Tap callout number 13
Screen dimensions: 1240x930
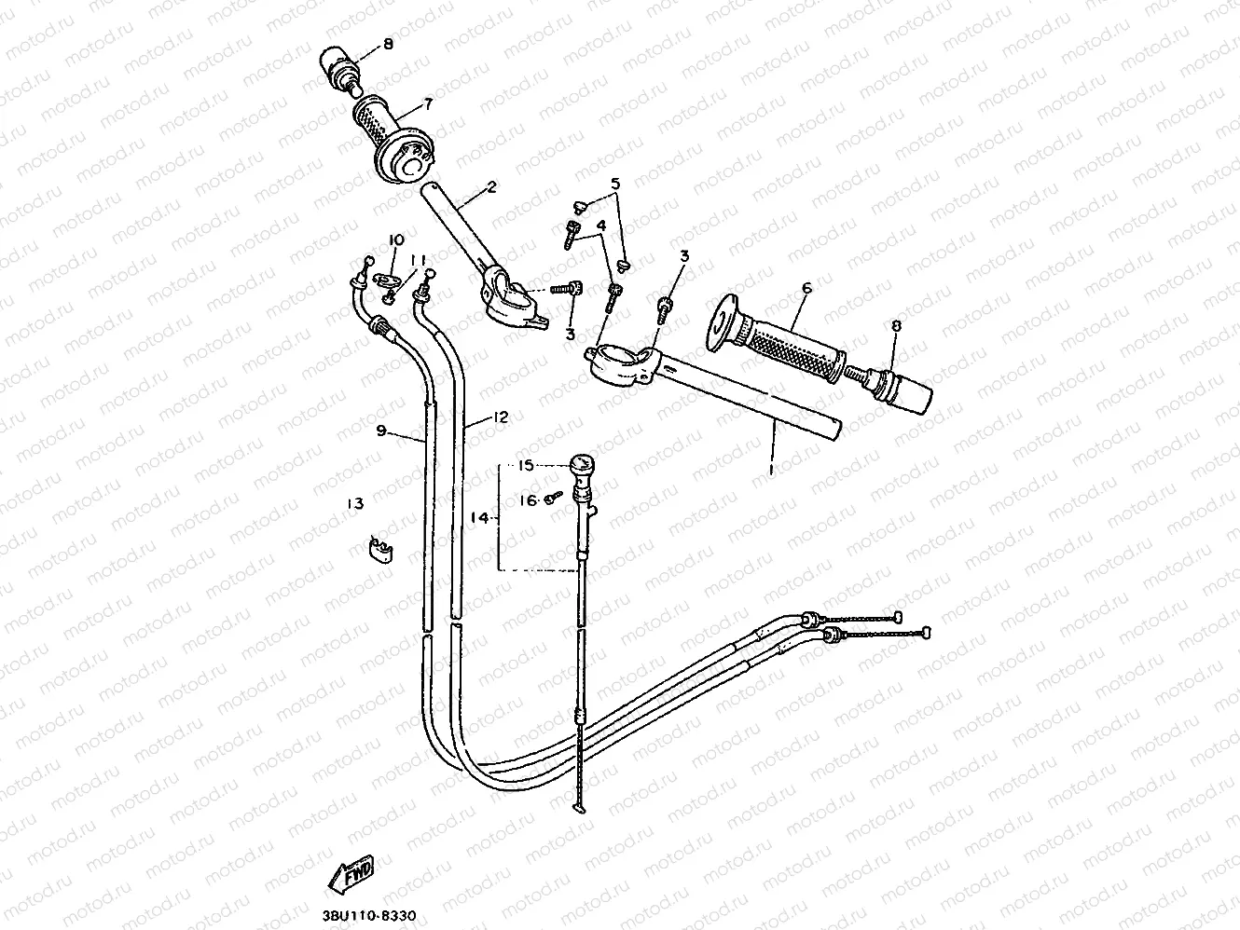354,504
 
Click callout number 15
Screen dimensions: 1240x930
525,465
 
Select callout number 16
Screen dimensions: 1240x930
528,500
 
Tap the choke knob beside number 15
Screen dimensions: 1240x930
583,464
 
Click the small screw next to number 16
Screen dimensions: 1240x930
551,500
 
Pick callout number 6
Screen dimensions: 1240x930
806,289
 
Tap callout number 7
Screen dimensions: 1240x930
428,103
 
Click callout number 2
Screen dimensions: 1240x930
491,187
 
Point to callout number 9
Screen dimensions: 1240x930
381,431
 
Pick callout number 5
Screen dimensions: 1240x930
614,185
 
